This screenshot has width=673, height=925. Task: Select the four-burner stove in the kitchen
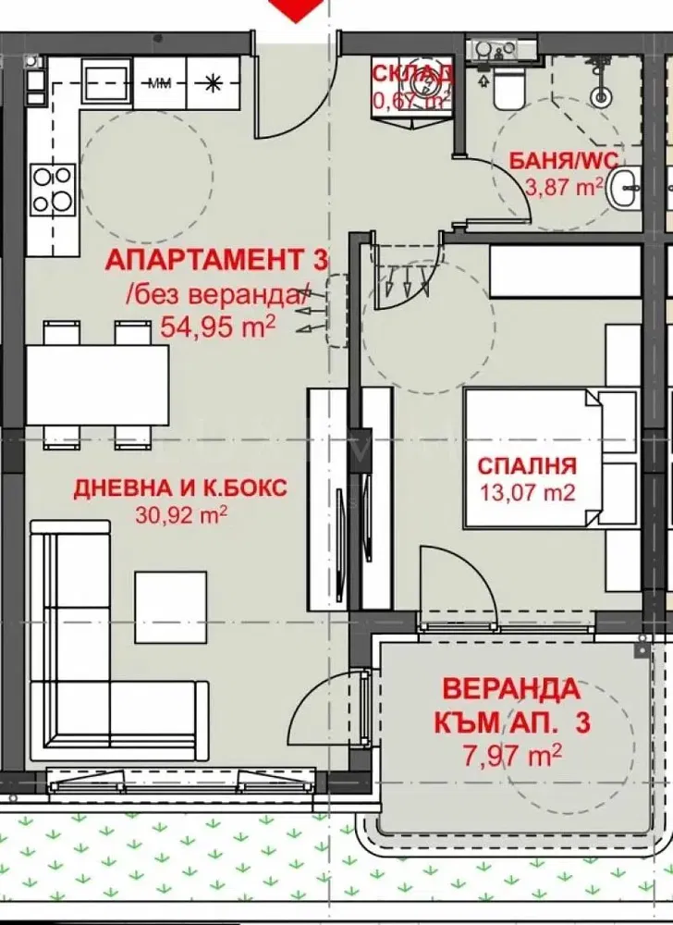click(x=52, y=188)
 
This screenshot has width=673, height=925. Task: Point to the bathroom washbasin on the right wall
click(x=628, y=189)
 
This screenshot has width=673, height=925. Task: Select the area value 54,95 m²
click(x=217, y=325)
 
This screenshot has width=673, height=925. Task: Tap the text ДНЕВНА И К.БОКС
click(x=180, y=487)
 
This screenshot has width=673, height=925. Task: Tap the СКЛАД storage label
click(x=412, y=73)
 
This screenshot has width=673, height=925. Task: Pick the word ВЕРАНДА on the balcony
click(x=511, y=689)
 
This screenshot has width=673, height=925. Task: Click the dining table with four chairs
click(x=97, y=384)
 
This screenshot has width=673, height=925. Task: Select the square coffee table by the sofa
click(x=170, y=607)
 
